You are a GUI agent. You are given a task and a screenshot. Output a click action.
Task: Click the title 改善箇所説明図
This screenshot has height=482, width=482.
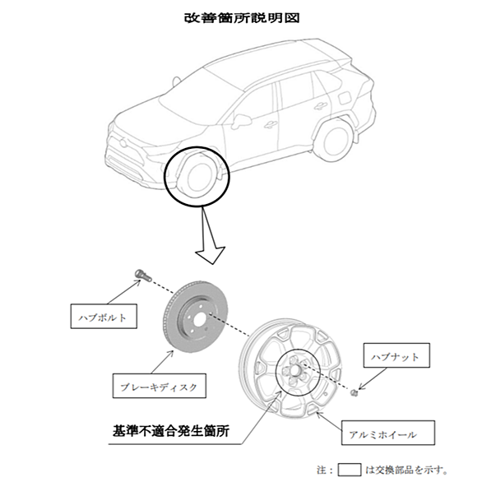tap(242, 18)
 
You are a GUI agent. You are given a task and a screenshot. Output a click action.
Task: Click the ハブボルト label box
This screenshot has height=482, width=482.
tap(104, 317)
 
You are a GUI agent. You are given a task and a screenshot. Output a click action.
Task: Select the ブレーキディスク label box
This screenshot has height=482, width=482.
tap(160, 386)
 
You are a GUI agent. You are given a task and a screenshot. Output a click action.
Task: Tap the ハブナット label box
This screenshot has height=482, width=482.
tap(396, 355)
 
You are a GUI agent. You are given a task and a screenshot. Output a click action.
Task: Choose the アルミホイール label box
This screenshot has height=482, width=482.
tap(388, 433)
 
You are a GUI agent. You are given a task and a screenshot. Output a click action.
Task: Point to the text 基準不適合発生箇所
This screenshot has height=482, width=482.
tap(171, 431)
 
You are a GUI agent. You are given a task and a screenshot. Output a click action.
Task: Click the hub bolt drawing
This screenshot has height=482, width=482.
tap(143, 275)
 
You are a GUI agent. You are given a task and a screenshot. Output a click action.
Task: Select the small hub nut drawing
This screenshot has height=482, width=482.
tap(355, 392)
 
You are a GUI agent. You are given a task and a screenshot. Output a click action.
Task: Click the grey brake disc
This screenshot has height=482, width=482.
tap(195, 317)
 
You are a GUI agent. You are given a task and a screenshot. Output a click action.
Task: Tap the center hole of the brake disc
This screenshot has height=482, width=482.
tap(198, 320)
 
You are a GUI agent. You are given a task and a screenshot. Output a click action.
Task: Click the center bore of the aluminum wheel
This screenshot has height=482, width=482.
tap(294, 371)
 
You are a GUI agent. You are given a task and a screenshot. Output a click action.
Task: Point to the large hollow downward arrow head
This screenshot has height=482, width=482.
tap(211, 254)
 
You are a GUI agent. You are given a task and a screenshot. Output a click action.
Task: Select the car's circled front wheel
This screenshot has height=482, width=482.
tap(197, 176)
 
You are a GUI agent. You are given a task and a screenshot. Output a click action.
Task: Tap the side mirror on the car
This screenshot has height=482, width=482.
tap(241, 121)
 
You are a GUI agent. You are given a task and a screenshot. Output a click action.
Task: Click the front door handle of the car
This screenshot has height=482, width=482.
tap(271, 124)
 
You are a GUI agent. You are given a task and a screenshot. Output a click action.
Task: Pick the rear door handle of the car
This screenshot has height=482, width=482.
tap(321, 106)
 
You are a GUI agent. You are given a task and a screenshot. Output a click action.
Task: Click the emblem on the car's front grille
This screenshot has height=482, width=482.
tap(123, 142)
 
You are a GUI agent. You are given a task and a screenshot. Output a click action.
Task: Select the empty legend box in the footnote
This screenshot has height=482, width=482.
tap(350, 470)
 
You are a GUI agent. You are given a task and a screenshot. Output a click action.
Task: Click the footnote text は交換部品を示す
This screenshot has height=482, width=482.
tap(405, 470)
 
